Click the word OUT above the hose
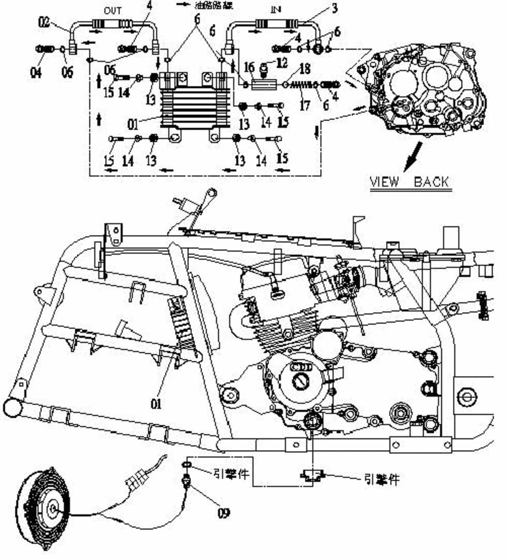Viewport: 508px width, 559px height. pos(112,11)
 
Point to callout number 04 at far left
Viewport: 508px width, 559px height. pos(36,73)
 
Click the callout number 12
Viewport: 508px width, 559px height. pos(282,63)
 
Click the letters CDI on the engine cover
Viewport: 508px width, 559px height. pos(301,366)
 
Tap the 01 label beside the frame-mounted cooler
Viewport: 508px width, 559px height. pos(156,404)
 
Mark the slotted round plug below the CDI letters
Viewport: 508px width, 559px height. pos(300,379)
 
